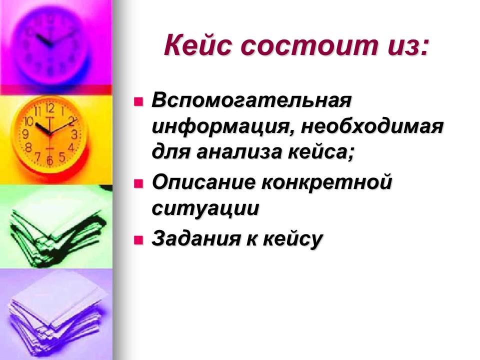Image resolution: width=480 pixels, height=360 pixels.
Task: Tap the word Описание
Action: click(203, 182)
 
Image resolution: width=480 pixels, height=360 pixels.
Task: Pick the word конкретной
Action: click(327, 183)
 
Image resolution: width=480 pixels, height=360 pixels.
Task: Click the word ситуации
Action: click(205, 209)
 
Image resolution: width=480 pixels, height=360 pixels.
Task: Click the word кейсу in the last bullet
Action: click(292, 239)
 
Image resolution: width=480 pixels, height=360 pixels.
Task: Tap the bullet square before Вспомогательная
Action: click(138, 101)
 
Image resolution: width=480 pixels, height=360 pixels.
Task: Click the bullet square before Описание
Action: click(138, 183)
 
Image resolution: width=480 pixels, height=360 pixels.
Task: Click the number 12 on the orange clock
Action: click(49, 108)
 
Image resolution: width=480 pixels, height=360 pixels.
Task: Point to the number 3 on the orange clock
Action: click(74, 134)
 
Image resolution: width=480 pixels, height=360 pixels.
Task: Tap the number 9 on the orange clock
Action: click(25, 134)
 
